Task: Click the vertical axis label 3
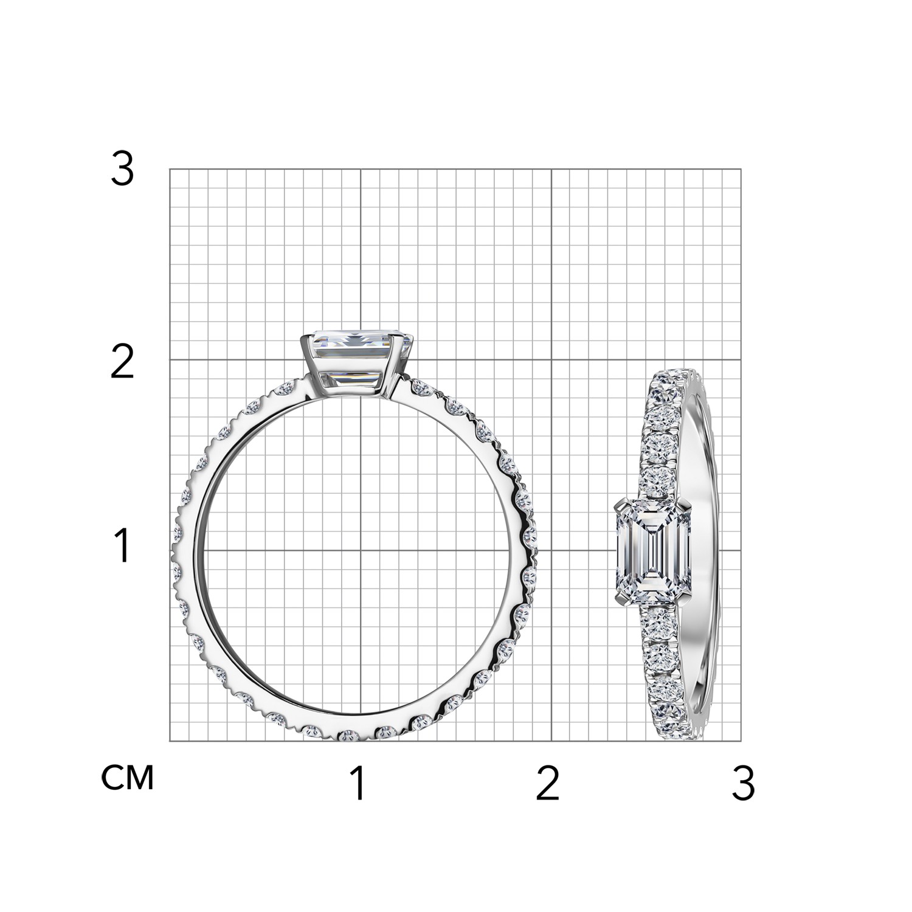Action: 122,170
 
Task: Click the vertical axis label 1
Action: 123,545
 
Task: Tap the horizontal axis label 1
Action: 359,783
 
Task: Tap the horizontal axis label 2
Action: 547,783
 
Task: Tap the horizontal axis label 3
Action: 743,783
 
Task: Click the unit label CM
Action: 128,778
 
